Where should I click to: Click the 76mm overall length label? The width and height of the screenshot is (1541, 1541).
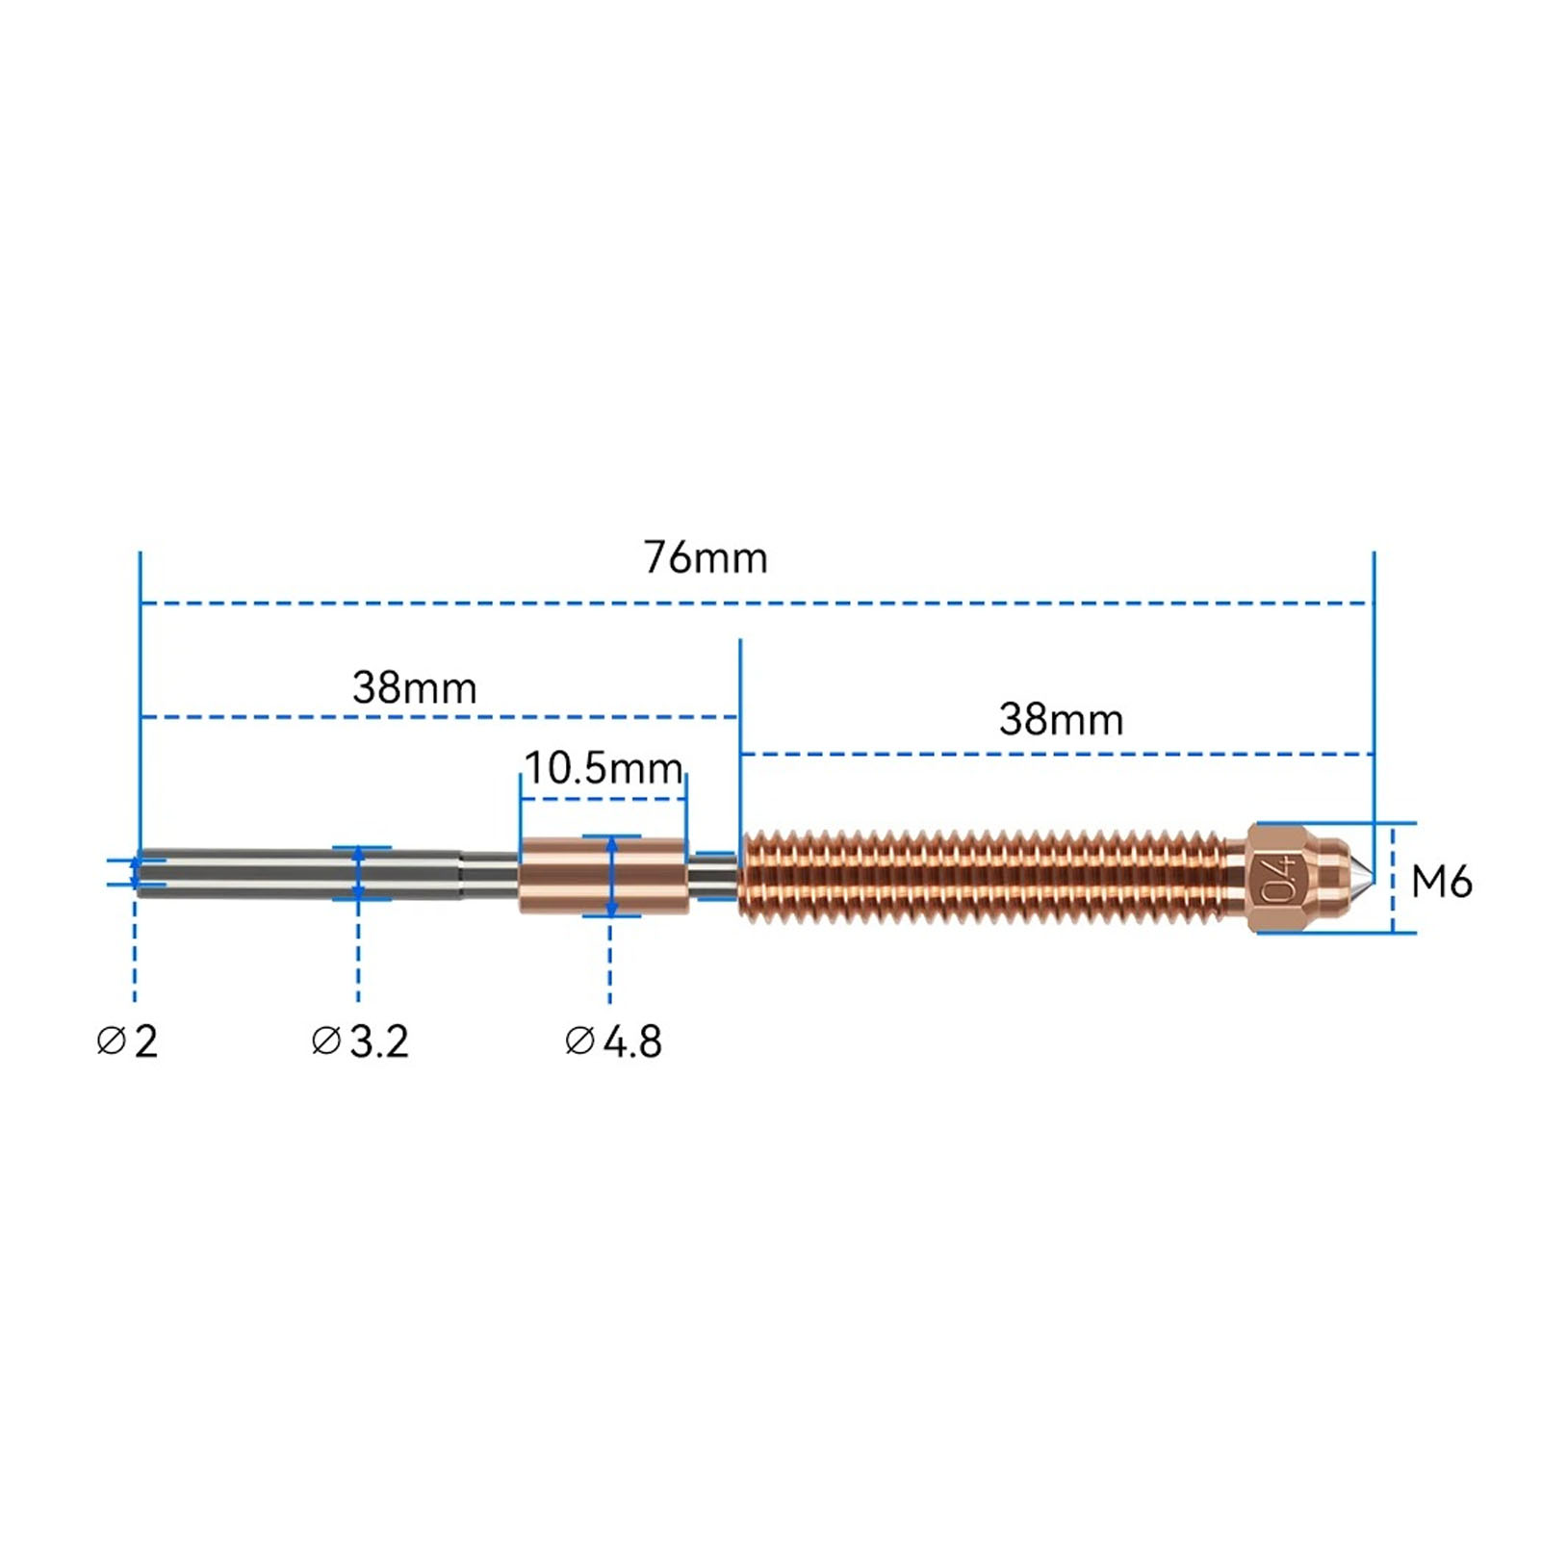pos(706,557)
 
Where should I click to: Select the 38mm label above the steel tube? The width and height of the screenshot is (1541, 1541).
pos(414,687)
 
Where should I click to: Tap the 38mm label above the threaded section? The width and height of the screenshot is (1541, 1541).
pos(1061,719)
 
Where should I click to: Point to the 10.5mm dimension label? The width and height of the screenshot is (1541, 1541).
pos(604,768)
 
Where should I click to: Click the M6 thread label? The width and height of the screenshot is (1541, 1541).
pos(1442,882)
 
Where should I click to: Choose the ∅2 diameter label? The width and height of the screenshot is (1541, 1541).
pos(127,1041)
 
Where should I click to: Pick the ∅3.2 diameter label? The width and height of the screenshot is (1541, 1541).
pos(360,1041)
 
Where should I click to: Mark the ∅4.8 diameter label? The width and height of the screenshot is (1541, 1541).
pos(613,1041)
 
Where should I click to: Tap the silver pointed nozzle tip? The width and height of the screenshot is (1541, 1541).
pos(1360,876)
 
